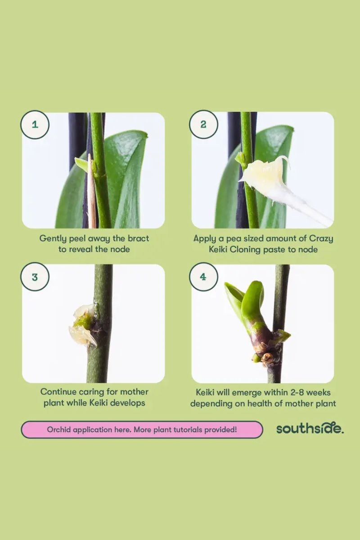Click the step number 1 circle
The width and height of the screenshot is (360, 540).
(35, 124)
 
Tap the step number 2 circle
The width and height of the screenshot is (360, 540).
(203, 124)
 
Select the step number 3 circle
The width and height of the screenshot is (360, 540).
(35, 277)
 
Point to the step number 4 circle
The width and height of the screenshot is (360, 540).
(203, 277)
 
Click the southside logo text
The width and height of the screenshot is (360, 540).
(310, 428)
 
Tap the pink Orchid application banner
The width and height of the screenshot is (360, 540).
(142, 429)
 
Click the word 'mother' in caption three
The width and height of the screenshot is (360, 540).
(134, 391)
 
